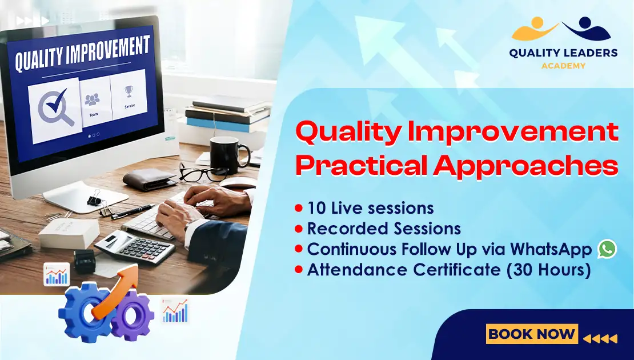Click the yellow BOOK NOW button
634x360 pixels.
coord(532,334)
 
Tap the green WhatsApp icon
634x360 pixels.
coord(607,249)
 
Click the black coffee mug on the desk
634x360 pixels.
coord(227,155)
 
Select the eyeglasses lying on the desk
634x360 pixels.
coord(203,173)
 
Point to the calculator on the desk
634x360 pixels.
coord(135,246)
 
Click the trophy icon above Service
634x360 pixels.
coord(129,91)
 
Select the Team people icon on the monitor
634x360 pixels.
coord(93,99)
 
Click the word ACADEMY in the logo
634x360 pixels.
coord(563,66)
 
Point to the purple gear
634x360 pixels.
coord(132,315)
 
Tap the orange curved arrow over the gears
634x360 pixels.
coord(118,288)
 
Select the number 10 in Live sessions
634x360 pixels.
coord(317,208)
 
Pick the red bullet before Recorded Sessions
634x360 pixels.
coord(299,229)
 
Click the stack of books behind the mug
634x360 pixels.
coord(228,114)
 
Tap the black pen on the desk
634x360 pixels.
coord(133,211)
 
